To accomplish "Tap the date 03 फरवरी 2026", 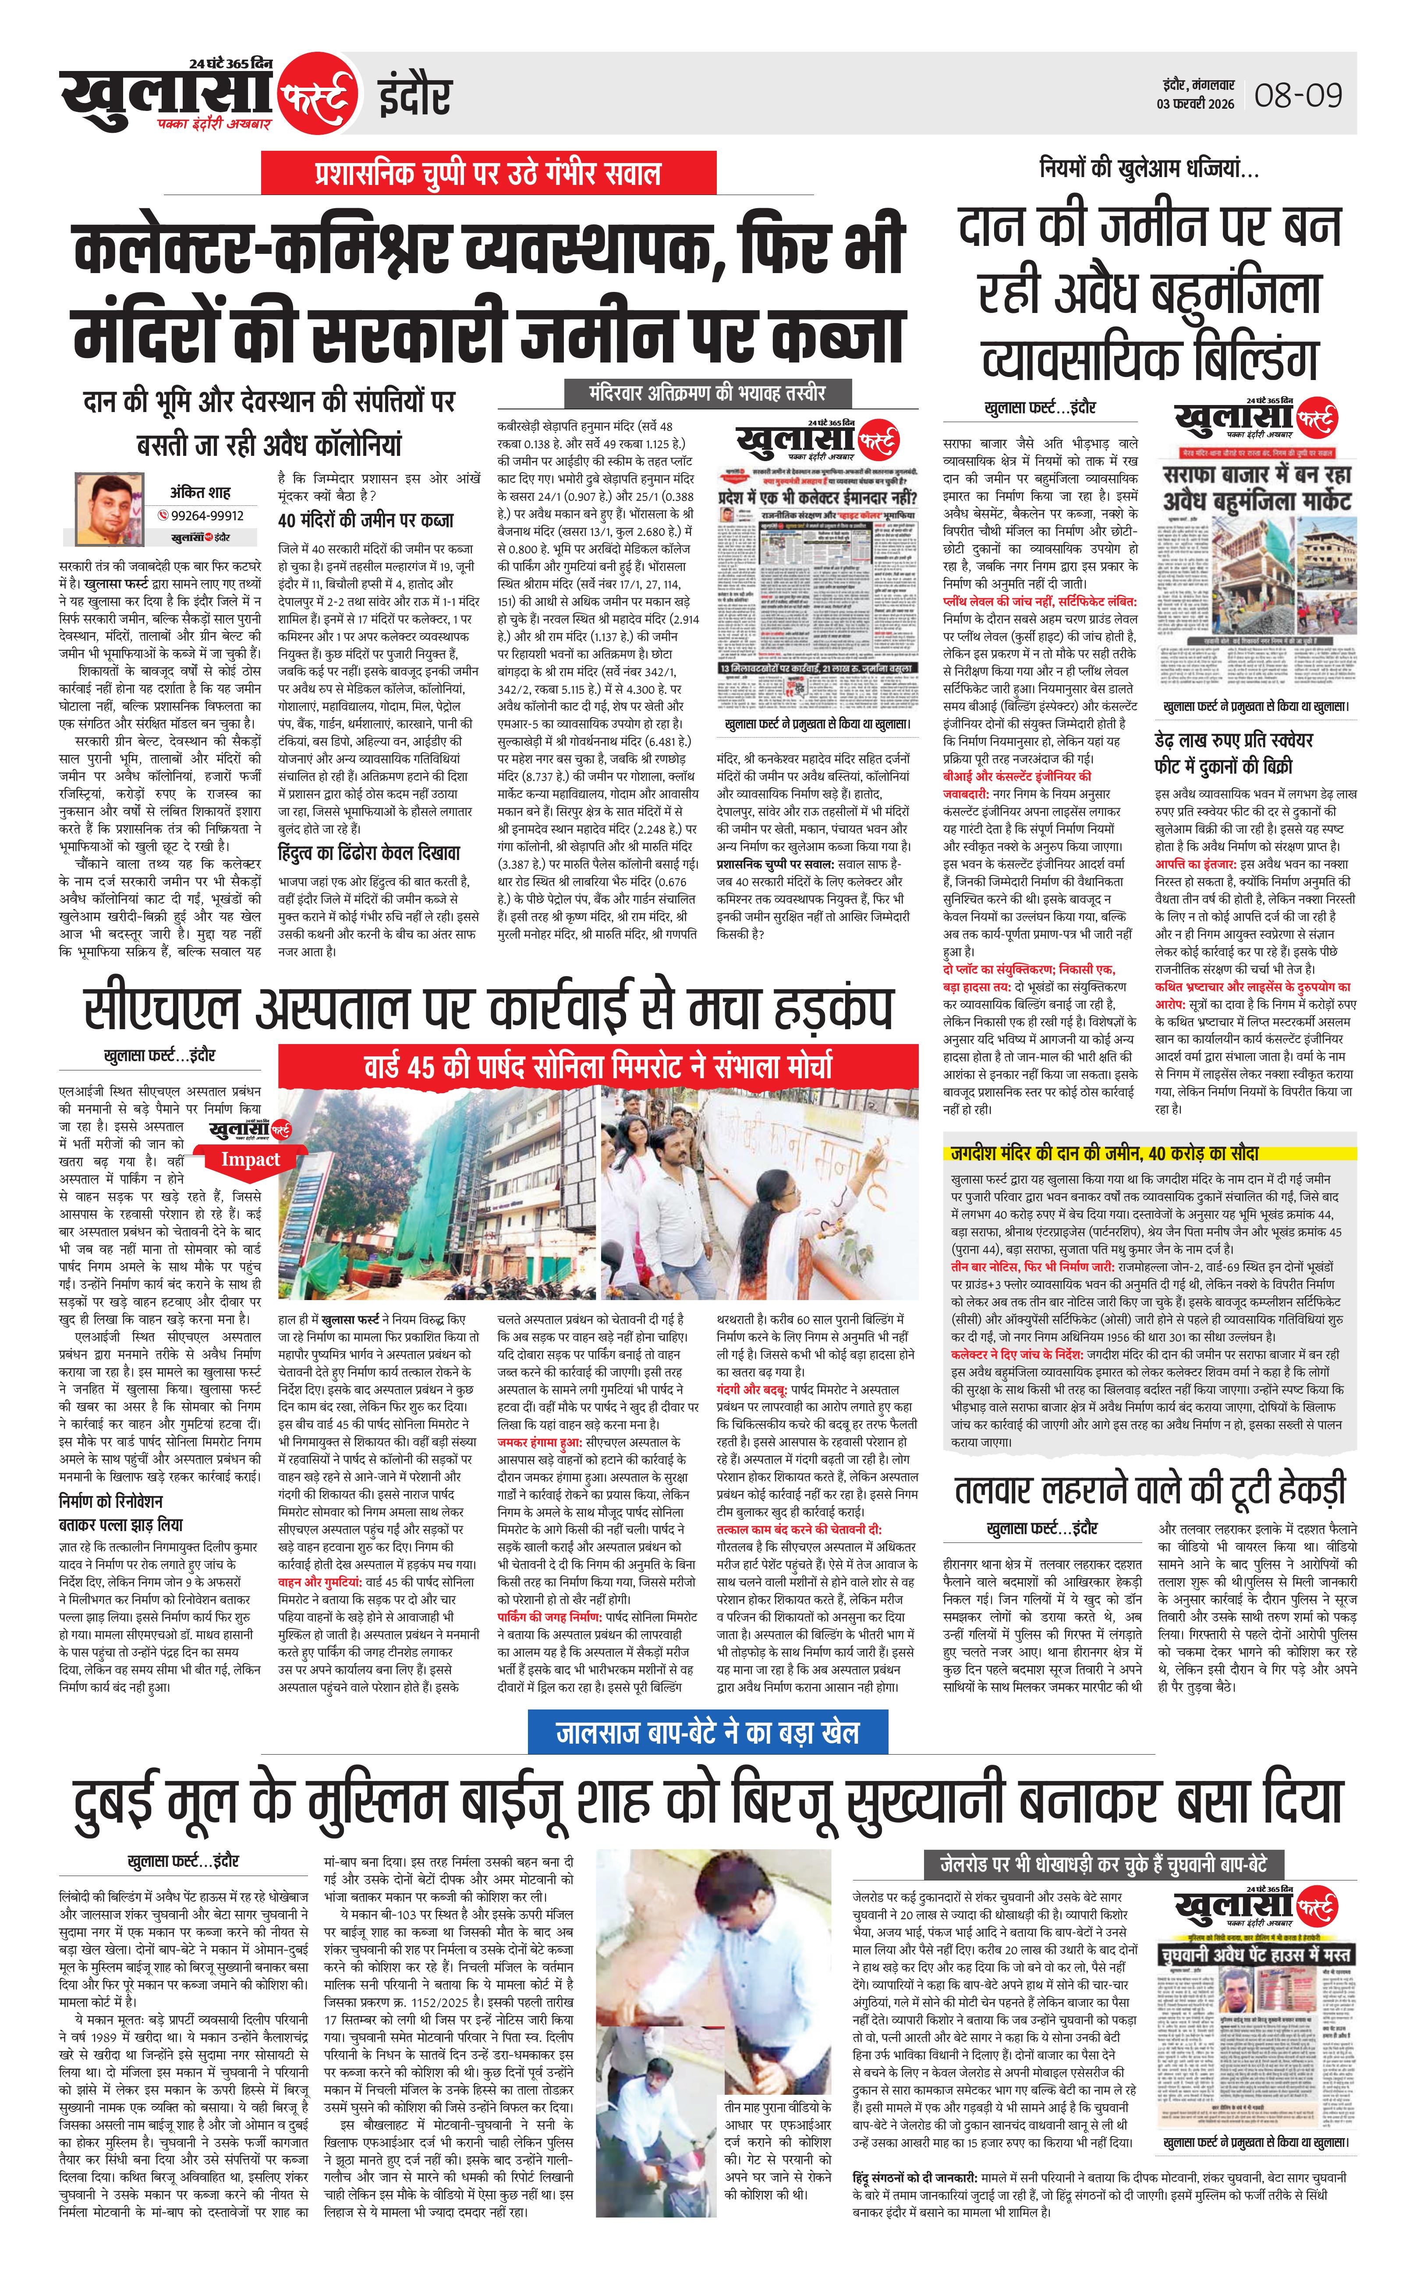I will coord(1195,104).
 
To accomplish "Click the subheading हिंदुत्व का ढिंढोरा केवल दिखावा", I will coord(369,853).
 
